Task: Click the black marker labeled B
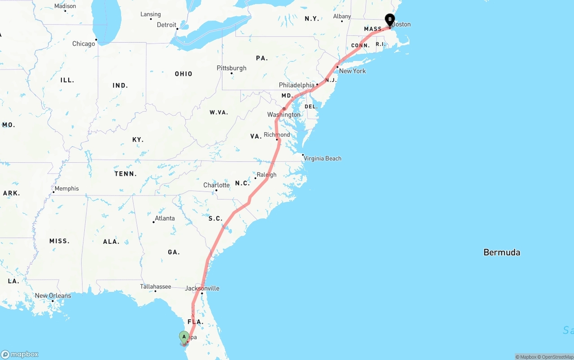click(390, 20)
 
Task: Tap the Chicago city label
click(84, 44)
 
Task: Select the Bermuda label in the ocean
click(502, 252)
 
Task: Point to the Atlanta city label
click(165, 218)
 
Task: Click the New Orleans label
click(53, 296)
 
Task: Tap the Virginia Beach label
click(322, 158)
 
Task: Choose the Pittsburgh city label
click(231, 68)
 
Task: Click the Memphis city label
click(67, 189)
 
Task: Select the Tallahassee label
click(155, 286)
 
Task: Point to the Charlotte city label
click(216, 185)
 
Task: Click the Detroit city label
click(166, 25)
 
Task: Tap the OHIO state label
click(183, 74)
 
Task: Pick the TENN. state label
click(126, 174)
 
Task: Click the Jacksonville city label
click(202, 288)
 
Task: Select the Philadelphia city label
click(296, 85)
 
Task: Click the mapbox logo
click(20, 354)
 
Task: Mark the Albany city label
click(342, 17)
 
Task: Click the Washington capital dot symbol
click(284, 109)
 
